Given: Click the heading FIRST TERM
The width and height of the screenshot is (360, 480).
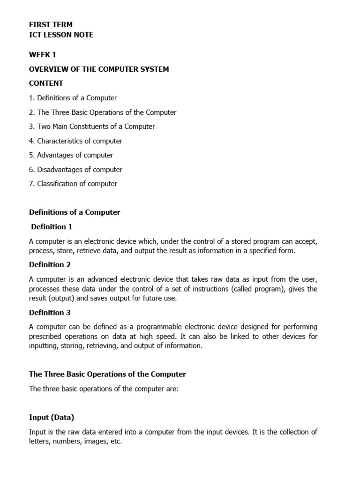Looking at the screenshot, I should pyautogui.click(x=51, y=25).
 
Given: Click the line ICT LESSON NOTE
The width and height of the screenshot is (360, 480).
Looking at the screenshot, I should pyautogui.click(x=61, y=35).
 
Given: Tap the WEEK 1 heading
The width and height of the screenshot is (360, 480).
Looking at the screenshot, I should pyautogui.click(x=43, y=55).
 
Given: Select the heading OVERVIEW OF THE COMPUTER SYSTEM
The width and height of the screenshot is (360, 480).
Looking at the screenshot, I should pyautogui.click(x=99, y=69).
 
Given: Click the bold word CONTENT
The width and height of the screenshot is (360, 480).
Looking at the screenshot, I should pyautogui.click(x=46, y=83).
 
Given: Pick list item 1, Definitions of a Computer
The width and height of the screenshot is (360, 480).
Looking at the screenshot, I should pyautogui.click(x=73, y=98).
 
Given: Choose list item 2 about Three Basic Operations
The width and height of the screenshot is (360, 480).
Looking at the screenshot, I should pyautogui.click(x=103, y=112).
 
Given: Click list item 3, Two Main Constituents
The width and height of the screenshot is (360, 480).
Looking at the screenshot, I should pyautogui.click(x=92, y=127).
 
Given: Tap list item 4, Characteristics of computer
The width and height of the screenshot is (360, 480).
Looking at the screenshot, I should pyautogui.click(x=75, y=141).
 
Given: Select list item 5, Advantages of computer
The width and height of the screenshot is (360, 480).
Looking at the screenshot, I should pyautogui.click(x=71, y=155).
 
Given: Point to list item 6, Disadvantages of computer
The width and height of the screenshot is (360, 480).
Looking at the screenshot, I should pyautogui.click(x=75, y=170).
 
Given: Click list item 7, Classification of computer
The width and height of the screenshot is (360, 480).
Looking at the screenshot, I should pyautogui.click(x=73, y=184).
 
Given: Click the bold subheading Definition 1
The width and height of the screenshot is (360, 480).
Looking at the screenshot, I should pyautogui.click(x=52, y=227).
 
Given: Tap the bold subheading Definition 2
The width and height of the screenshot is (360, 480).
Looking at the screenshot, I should pyautogui.click(x=50, y=265).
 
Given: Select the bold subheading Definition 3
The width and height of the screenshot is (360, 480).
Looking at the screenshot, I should pyautogui.click(x=50, y=313).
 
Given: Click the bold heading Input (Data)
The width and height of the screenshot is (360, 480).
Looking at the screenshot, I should pyautogui.click(x=52, y=417).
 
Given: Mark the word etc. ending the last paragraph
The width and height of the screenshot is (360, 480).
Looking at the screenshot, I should pyautogui.click(x=115, y=442).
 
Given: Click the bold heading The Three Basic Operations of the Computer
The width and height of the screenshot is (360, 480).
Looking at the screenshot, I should pyautogui.click(x=107, y=375).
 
